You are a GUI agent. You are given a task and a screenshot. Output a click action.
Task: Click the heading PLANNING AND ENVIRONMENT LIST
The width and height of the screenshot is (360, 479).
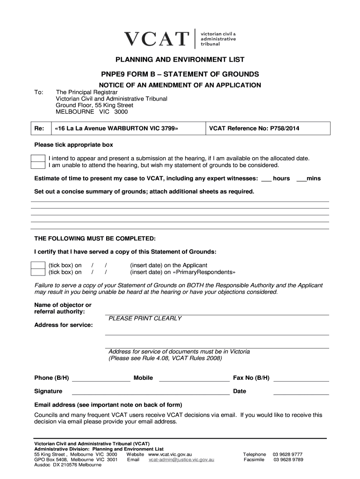tap(180, 60)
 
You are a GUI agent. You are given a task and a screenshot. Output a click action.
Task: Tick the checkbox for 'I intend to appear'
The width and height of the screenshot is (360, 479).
tap(38, 159)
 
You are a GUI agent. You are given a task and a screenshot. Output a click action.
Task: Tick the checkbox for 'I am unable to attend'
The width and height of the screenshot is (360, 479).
tap(38, 165)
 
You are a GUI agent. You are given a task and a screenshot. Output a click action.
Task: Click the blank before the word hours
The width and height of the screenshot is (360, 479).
tap(266, 179)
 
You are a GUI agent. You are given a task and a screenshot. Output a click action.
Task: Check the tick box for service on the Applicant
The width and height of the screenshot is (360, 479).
tap(38, 265)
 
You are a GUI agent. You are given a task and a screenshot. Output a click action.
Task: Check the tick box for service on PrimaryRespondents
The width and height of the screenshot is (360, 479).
tap(38, 272)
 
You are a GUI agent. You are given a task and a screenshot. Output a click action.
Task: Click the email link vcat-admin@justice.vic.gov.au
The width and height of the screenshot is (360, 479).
tap(181, 460)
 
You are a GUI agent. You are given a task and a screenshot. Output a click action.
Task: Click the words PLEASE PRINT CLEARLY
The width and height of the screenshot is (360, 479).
tap(145, 319)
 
